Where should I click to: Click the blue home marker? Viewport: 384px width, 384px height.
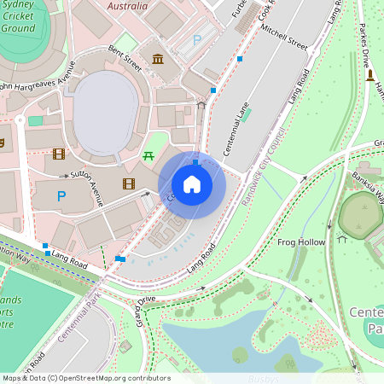(x=192, y=184)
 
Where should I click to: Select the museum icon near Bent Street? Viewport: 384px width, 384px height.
(x=158, y=58)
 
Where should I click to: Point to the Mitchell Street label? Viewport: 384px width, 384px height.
(x=284, y=39)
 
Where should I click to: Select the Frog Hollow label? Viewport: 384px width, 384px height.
(x=301, y=242)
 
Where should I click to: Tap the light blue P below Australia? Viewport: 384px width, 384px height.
(x=198, y=39)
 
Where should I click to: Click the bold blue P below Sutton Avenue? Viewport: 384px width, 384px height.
(x=61, y=196)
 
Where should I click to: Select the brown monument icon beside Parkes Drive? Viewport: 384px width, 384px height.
(x=370, y=75)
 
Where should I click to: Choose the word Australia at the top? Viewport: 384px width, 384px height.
(x=132, y=6)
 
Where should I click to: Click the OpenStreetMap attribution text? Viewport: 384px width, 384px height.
(x=85, y=378)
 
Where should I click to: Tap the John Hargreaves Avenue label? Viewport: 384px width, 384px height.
(x=38, y=87)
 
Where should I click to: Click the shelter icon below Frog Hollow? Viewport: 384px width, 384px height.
(x=341, y=239)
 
